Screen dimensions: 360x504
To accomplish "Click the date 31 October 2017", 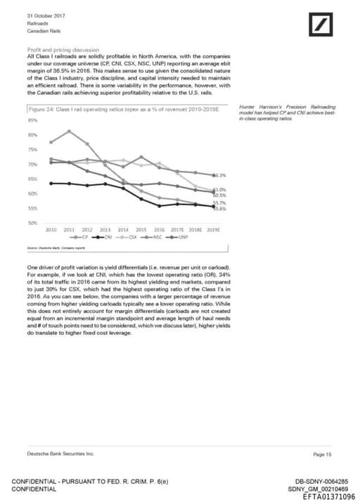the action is click(x=45, y=15).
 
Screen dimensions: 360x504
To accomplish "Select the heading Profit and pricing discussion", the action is click(x=63, y=51).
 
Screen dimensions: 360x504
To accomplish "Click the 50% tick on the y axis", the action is click(x=33, y=223).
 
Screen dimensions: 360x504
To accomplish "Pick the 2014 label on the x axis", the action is click(x=123, y=230).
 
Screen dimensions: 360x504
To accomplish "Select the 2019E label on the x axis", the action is click(x=214, y=230).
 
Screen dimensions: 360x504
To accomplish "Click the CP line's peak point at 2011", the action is click(x=69, y=131).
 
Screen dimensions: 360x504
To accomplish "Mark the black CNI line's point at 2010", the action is click(x=51, y=183).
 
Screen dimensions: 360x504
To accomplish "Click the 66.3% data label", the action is click(x=219, y=175).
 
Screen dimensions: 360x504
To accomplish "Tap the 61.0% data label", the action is click(x=219, y=190).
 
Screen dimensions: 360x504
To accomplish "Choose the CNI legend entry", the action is click(x=107, y=238).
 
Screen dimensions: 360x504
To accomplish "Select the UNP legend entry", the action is click(x=181, y=238).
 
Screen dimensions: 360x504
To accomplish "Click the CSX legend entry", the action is click(x=131, y=238).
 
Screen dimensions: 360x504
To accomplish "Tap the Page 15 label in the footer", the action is click(x=323, y=455).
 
